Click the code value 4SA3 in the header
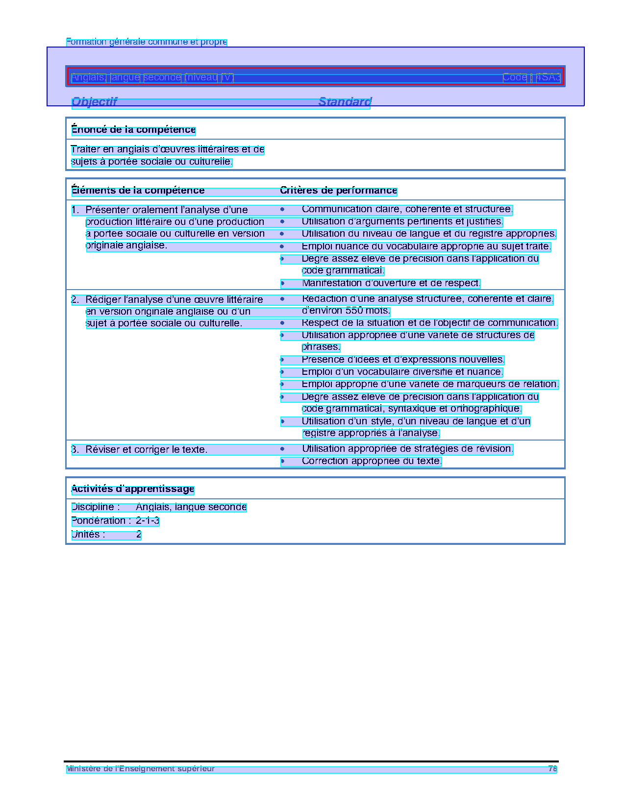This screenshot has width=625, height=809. (548, 77)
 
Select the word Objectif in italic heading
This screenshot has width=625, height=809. (95, 102)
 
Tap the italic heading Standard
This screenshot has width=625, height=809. (345, 102)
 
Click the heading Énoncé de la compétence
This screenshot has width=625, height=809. (133, 130)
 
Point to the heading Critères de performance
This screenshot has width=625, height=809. (338, 191)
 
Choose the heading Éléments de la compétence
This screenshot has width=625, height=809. (138, 191)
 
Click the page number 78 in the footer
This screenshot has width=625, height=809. (552, 769)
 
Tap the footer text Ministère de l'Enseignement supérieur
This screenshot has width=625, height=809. (141, 769)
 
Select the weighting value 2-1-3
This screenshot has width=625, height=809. (148, 521)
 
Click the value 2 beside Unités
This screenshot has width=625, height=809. (139, 535)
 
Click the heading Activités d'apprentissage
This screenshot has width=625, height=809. (133, 489)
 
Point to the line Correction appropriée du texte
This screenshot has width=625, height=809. (372, 461)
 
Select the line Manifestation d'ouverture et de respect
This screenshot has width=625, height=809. (391, 283)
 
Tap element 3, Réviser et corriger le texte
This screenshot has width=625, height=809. (146, 449)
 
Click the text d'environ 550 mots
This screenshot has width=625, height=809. (346, 311)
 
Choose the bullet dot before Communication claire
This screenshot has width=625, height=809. (282, 209)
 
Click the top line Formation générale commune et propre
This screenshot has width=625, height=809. (147, 42)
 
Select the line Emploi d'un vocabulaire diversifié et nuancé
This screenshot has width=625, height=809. (402, 372)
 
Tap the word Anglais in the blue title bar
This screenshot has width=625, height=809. (88, 77)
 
